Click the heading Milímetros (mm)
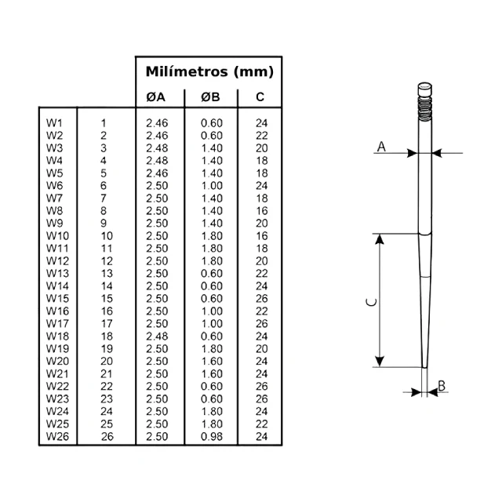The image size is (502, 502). (209, 71)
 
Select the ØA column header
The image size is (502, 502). (156, 97)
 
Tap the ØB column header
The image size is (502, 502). (210, 97)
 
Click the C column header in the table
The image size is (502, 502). (260, 97)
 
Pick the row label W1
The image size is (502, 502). (54, 123)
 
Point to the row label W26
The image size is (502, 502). (57, 436)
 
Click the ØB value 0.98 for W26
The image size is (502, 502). (211, 436)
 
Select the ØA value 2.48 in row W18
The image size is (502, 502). (157, 336)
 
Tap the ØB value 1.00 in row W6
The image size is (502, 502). (211, 186)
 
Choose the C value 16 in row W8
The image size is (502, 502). (261, 211)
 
